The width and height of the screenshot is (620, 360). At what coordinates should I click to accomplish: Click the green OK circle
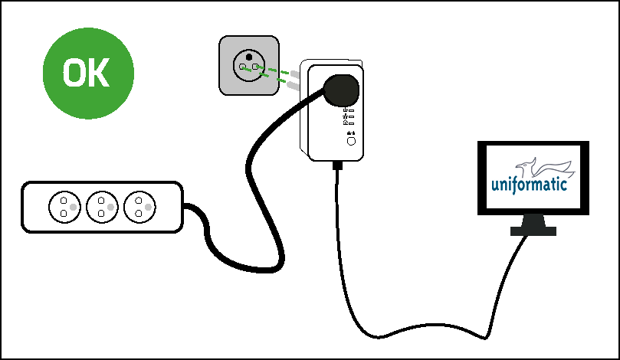click(88, 73)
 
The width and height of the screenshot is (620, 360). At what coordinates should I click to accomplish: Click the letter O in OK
click(75, 72)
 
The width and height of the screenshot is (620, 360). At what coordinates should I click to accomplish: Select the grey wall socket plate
click(249, 66)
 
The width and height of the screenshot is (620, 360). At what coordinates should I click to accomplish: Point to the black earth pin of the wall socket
click(249, 57)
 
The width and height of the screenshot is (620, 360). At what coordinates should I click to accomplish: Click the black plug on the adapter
click(341, 90)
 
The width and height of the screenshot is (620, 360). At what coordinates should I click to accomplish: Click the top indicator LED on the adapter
click(352, 110)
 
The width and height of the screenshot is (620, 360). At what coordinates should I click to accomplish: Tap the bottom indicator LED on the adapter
click(352, 123)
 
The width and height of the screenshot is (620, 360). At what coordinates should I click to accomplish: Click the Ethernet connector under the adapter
click(337, 165)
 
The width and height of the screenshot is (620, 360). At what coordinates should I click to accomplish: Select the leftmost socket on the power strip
click(64, 207)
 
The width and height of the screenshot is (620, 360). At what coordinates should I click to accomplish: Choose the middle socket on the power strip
click(102, 207)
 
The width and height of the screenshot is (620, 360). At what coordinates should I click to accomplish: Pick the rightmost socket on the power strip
click(139, 207)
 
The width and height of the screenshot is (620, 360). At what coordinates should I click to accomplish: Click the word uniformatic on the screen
click(529, 185)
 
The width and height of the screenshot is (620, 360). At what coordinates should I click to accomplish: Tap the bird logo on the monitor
click(545, 167)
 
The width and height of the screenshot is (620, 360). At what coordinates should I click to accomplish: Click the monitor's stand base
click(533, 231)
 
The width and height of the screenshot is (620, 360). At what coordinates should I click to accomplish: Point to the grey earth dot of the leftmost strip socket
click(73, 207)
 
